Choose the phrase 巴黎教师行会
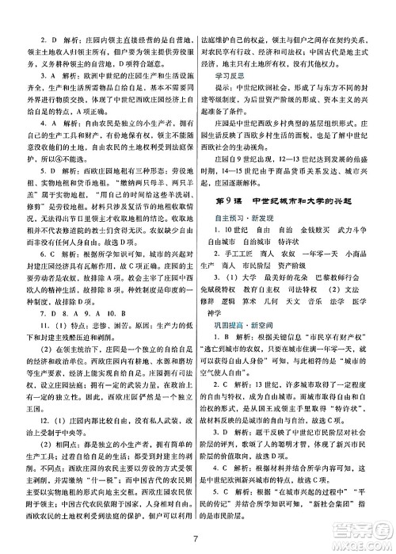(x=353, y=296)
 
